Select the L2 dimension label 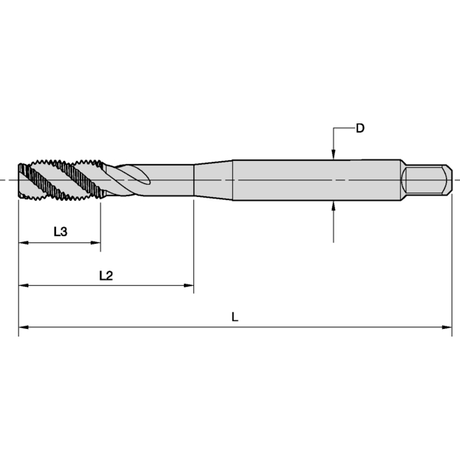point(107,274)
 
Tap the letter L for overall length point(235,316)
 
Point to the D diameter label point(360,128)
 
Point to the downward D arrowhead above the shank point(333,155)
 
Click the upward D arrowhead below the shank point(333,205)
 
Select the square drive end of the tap point(426,179)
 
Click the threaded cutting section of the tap point(58,180)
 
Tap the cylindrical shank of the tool point(314,180)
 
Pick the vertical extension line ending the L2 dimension point(193,245)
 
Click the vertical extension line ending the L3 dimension point(100,226)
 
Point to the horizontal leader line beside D point(343,128)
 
